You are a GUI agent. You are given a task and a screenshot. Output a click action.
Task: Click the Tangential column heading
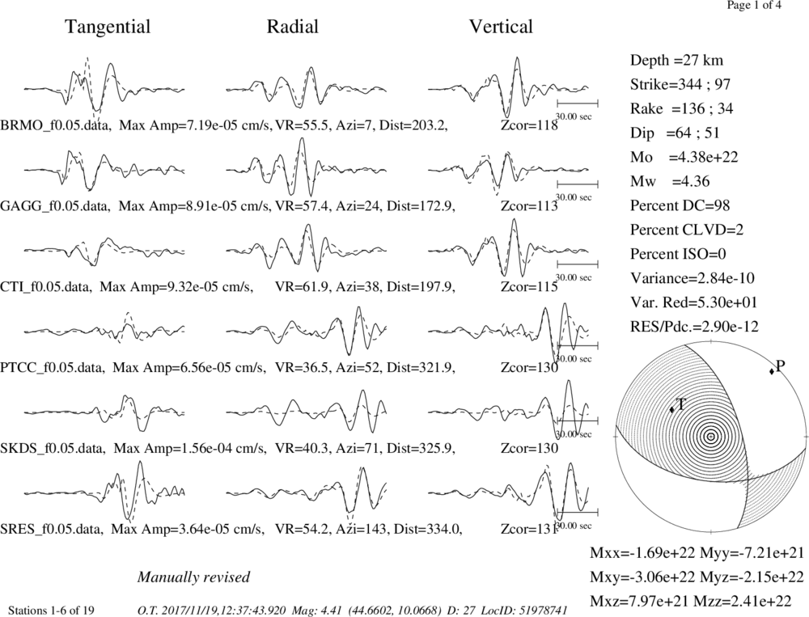tap(108, 27)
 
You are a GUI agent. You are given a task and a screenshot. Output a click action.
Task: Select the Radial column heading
tap(293, 27)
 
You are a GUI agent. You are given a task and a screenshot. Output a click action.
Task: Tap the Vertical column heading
tap(501, 27)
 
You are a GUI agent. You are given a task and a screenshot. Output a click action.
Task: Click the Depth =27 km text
tap(676, 61)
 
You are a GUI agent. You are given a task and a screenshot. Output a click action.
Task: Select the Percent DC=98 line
tap(680, 205)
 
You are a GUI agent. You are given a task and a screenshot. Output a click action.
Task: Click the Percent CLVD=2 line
tap(687, 230)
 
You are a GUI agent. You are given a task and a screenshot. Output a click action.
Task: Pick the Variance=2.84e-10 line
tap(692, 278)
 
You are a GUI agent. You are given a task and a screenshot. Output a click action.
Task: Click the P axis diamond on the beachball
tap(772, 371)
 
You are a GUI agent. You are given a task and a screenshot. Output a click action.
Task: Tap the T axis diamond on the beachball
tap(671, 409)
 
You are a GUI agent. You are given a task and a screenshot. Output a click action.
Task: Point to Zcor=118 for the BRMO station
tap(529, 125)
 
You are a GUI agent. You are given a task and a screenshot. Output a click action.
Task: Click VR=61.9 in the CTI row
tap(303, 286)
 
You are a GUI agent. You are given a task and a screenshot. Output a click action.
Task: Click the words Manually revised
tap(193, 577)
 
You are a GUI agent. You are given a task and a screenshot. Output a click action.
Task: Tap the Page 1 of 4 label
tap(754, 5)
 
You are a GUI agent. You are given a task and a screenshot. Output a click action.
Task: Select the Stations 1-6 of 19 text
tap(52, 611)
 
